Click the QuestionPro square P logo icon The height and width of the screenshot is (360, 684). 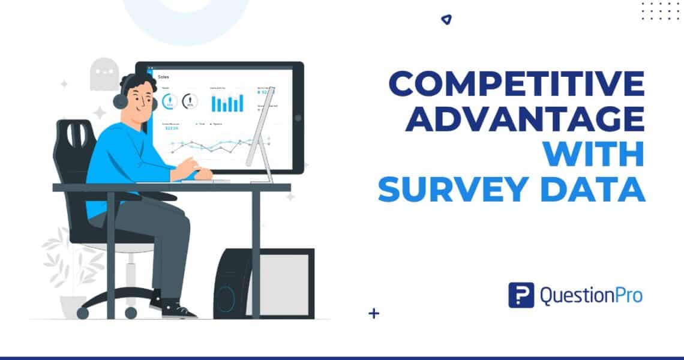point(521,295)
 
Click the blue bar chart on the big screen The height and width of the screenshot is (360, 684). point(227,103)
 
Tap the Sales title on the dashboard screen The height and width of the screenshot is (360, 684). point(163,77)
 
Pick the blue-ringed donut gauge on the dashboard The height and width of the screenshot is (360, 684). point(168,101)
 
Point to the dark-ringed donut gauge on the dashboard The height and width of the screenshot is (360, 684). point(190,101)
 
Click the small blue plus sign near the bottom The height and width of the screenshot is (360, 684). point(375,313)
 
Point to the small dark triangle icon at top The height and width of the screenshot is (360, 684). point(445,20)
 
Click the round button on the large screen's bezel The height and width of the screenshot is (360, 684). point(298,118)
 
